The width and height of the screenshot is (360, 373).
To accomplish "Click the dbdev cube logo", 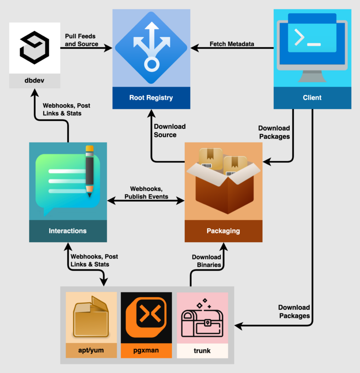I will pos(34,47).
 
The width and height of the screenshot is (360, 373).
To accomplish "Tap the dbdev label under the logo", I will pos(34,80).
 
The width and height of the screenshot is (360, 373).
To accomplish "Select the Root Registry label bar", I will pos(151,98).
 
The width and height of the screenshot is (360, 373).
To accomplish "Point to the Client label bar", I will pos(312,98).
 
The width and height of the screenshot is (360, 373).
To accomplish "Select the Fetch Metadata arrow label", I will pos(232,44).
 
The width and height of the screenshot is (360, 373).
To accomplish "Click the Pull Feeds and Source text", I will pos(81,40).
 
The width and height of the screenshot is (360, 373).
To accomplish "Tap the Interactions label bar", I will pos(67,231).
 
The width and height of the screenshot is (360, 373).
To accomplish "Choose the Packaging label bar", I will pos(223,231).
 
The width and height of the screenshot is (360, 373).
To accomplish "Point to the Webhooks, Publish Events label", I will pos(146,193).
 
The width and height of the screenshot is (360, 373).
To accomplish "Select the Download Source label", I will pos(169,131).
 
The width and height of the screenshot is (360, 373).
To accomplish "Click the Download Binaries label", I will pos(206,261).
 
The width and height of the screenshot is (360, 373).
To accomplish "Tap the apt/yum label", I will pos(91,351).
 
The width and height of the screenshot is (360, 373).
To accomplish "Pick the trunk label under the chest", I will pos(202,351).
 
